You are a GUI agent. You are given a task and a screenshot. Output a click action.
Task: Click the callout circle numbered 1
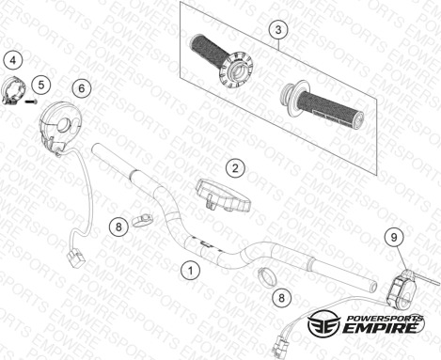190,270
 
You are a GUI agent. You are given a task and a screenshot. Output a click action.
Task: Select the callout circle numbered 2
235,168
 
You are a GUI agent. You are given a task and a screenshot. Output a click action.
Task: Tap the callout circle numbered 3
278,30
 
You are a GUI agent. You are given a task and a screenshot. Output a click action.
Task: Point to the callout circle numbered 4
13,60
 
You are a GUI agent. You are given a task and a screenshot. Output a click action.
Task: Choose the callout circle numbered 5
41,85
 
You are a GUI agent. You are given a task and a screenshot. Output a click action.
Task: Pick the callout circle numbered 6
82,88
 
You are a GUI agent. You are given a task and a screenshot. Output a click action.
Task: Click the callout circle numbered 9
394,237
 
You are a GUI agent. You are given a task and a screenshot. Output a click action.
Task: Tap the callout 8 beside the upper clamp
118,227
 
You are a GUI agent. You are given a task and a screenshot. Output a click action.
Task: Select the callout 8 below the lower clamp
281,297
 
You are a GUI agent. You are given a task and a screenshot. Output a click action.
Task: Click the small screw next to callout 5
31,102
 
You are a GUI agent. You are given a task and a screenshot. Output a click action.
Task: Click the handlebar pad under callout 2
223,195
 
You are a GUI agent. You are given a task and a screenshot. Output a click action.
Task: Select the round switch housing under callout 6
60,125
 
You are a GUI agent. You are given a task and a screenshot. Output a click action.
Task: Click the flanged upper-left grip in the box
222,61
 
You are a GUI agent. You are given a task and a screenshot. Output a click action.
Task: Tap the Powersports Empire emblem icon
323,324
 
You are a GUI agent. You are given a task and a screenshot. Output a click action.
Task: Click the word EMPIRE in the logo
381,328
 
